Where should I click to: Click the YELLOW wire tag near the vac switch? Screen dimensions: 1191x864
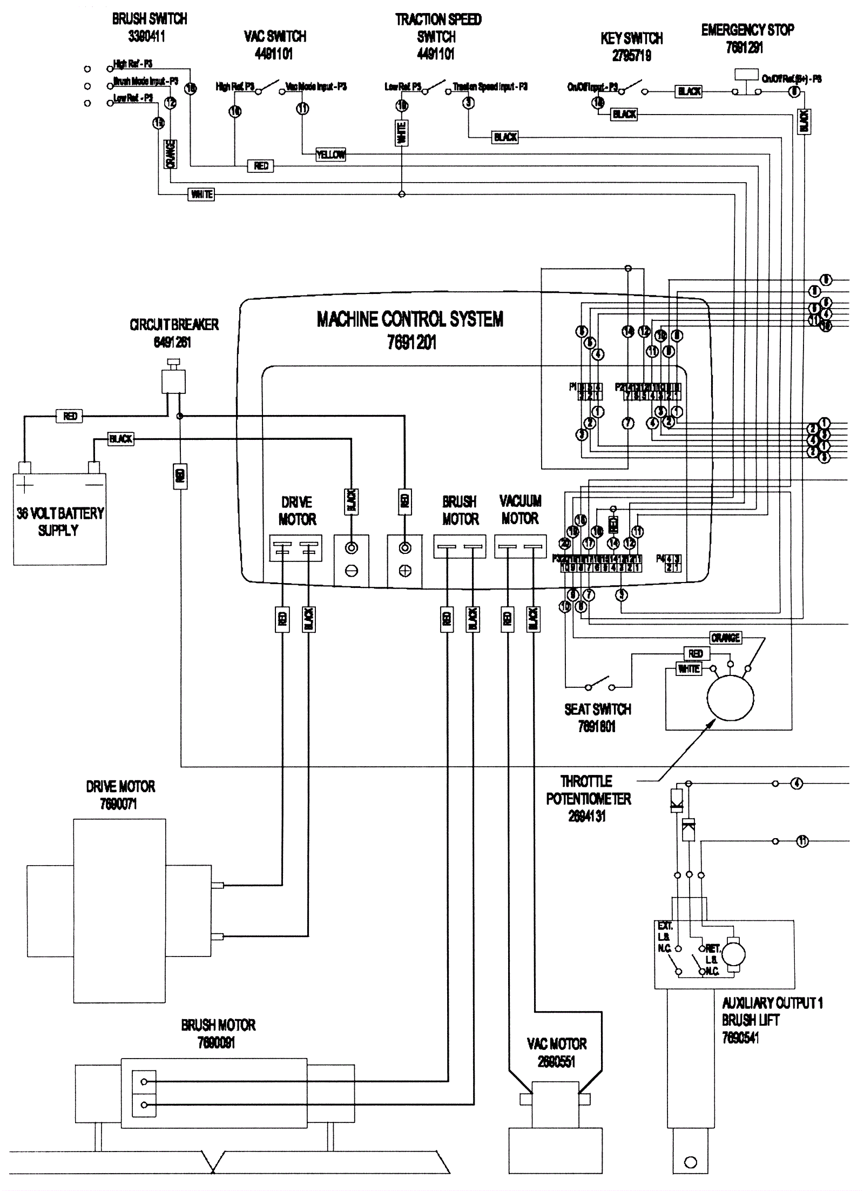click(x=330, y=155)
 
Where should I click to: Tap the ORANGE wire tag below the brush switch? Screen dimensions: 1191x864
click(x=170, y=154)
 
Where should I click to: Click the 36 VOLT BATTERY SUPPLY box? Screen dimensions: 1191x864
click(x=59, y=519)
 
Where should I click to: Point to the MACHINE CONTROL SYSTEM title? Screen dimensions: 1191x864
click(x=410, y=319)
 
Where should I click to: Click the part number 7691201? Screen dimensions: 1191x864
click(x=411, y=342)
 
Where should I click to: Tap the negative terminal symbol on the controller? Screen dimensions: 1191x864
click(x=352, y=571)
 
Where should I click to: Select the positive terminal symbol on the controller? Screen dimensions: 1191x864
click(x=404, y=571)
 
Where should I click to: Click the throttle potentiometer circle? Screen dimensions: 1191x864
click(x=730, y=697)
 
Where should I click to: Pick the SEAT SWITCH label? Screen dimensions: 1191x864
click(x=598, y=710)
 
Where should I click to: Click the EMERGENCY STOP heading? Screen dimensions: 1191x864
click(x=747, y=30)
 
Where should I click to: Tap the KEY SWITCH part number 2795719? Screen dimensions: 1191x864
click(x=631, y=56)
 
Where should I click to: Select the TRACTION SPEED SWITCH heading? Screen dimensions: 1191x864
click(x=437, y=28)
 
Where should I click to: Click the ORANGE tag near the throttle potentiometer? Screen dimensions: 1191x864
click(x=725, y=638)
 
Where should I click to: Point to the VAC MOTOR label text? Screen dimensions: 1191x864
click(x=557, y=1043)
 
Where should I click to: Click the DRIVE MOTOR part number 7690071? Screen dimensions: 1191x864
click(x=119, y=804)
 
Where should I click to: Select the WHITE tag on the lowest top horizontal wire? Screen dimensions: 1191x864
click(x=201, y=194)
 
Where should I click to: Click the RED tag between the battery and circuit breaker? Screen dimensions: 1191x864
click(x=70, y=416)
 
